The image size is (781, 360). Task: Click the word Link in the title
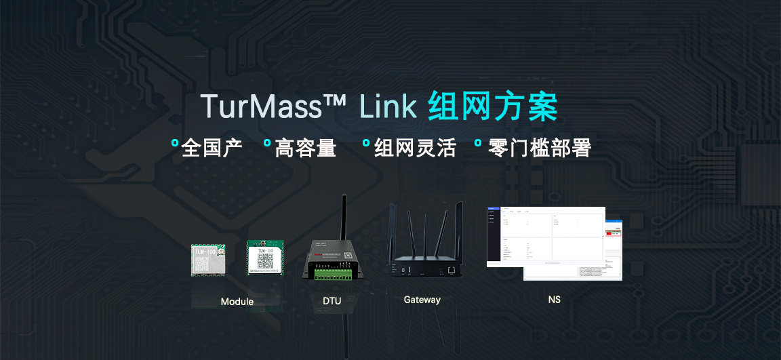pyautogui.click(x=387, y=108)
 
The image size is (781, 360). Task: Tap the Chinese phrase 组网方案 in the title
pyautogui.click(x=493, y=108)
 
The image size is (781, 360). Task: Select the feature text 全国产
pyautogui.click(x=212, y=148)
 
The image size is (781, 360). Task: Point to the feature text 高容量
pyautogui.click(x=305, y=148)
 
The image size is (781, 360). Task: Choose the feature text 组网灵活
pyautogui.click(x=415, y=148)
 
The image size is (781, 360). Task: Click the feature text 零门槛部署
pyautogui.click(x=540, y=148)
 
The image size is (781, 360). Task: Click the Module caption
pyautogui.click(x=237, y=302)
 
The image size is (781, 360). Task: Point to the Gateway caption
pyautogui.click(x=422, y=300)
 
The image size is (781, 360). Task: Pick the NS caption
pyautogui.click(x=555, y=300)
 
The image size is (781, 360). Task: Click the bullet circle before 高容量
pyautogui.click(x=267, y=143)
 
